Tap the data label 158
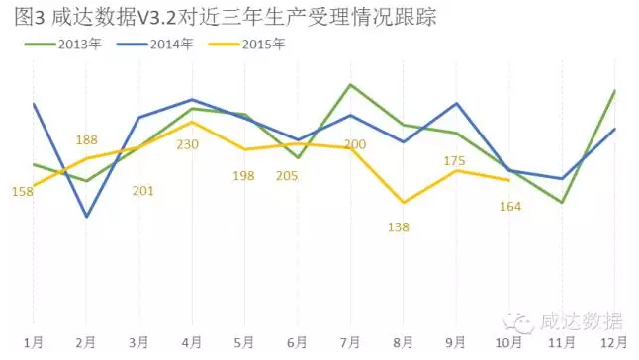click(x=22, y=191)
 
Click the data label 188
click(x=86, y=140)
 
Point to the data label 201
click(x=142, y=190)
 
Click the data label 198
click(x=243, y=175)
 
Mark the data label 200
click(x=354, y=145)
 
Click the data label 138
click(x=399, y=226)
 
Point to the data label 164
click(x=510, y=206)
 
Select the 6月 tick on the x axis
click(x=298, y=342)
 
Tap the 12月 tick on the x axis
click(x=613, y=342)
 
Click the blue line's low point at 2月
click(x=87, y=216)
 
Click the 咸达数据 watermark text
click(x=580, y=321)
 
